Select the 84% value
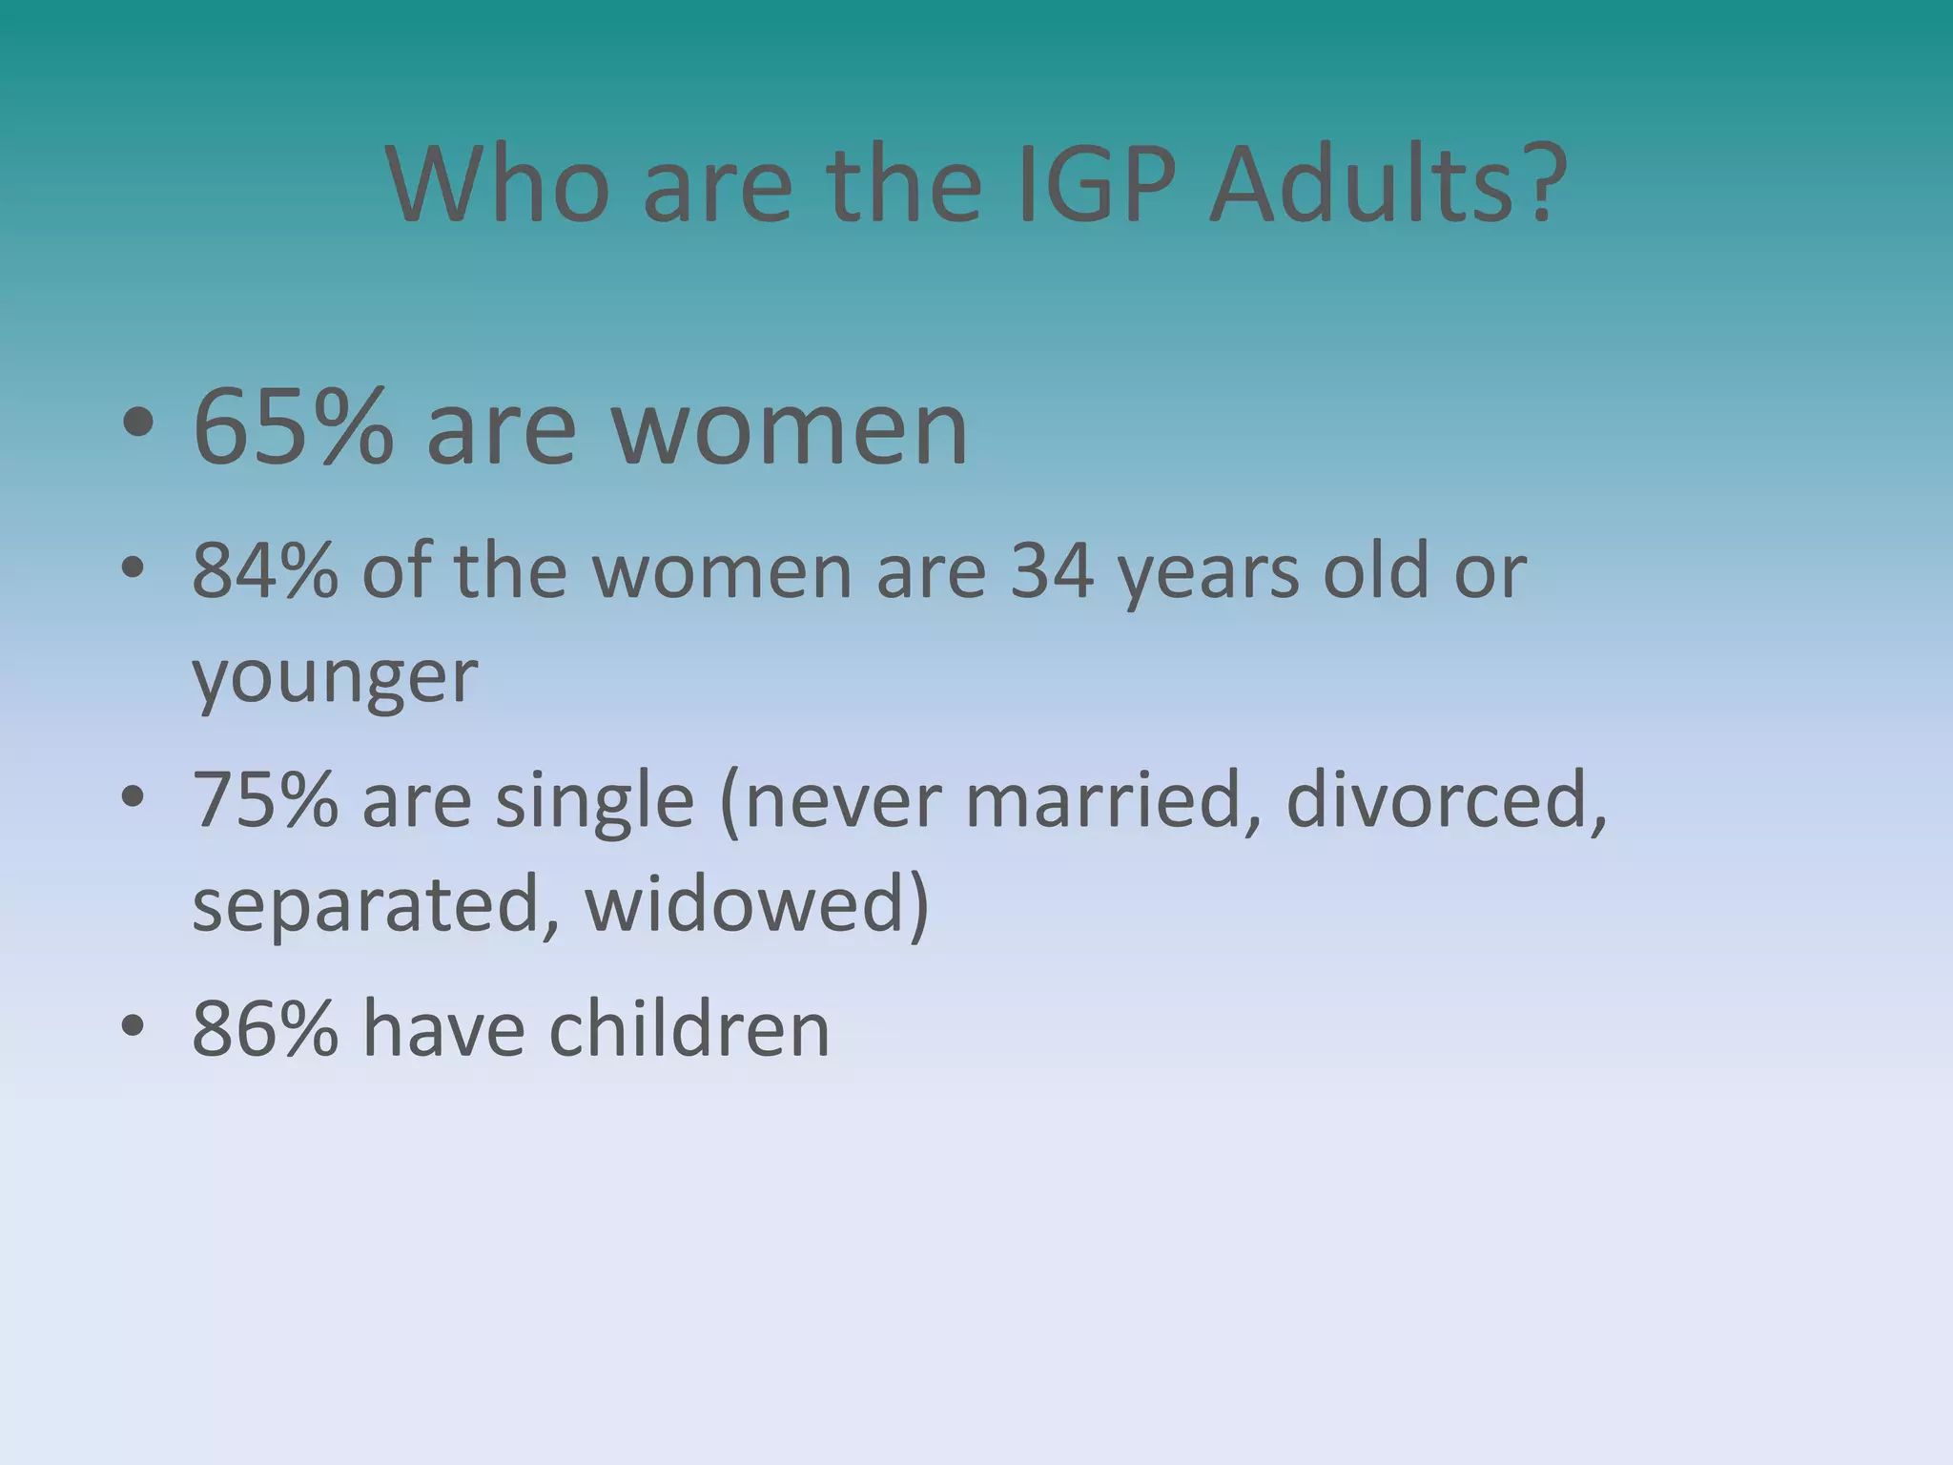click(265, 571)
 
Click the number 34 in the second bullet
click(1051, 571)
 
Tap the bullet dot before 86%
click(133, 1026)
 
